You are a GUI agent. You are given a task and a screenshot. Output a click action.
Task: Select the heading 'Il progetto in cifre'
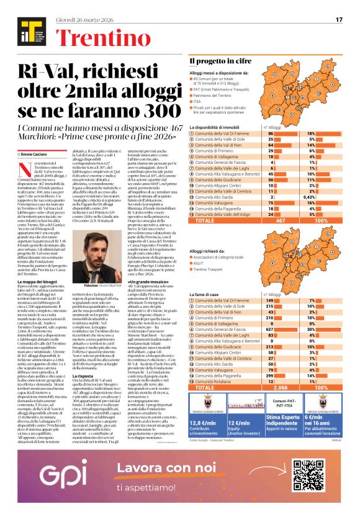pos(217,60)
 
